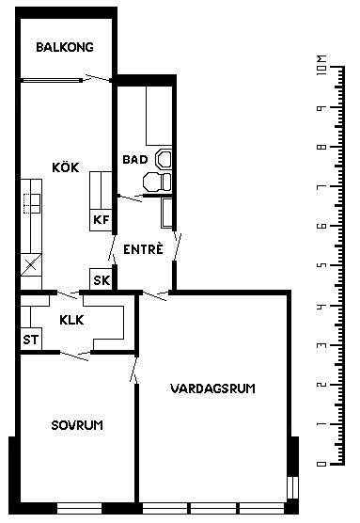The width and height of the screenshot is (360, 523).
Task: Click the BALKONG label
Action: point(65,47)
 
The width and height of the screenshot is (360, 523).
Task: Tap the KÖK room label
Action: point(66,166)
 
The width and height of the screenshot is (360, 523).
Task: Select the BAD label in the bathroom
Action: point(135,159)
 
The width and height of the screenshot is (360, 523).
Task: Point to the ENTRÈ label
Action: point(143,249)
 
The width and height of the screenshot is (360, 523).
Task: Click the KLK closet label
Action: point(71,320)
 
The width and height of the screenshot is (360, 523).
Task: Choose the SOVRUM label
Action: point(77,425)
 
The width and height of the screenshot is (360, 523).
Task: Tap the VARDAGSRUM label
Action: point(212,388)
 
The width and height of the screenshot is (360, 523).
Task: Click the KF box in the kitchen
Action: point(101,220)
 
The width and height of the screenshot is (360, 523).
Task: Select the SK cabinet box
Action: point(102,279)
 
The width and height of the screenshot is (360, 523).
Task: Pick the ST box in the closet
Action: point(31,339)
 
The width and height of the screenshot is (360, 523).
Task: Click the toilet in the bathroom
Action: point(157,182)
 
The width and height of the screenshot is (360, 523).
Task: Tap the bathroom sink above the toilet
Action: point(164,158)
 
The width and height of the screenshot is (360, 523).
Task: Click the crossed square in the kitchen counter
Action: point(31,265)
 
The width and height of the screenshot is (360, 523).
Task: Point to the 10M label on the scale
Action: point(321,65)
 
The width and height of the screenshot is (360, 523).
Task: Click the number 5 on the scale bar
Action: point(321,265)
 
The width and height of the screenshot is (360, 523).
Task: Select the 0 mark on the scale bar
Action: point(321,464)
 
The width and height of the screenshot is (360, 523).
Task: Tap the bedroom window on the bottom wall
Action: point(79,508)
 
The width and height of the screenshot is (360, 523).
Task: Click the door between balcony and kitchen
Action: point(99,78)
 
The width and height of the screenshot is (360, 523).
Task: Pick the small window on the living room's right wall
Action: point(292,487)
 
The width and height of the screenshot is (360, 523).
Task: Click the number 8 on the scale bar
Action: point(321,147)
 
